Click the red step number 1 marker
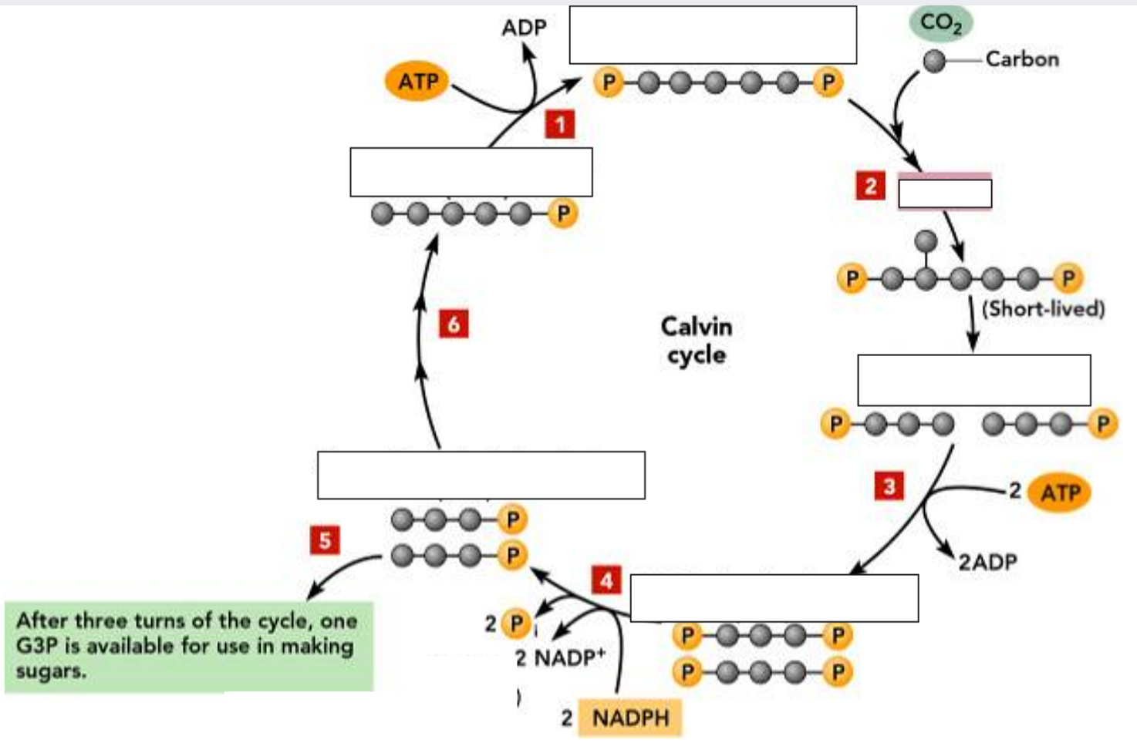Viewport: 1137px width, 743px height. (560, 124)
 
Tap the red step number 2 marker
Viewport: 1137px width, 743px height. (871, 186)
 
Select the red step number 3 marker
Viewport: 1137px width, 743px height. (889, 486)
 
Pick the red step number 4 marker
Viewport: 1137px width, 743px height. (607, 580)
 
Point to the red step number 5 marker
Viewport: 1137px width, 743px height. (325, 540)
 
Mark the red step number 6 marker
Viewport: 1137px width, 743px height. (454, 324)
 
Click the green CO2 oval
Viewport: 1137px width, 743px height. (940, 23)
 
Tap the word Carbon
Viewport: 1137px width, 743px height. (1022, 59)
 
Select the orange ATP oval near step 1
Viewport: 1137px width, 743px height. (418, 81)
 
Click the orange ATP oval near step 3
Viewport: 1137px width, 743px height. (1060, 493)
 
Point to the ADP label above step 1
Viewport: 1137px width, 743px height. (524, 28)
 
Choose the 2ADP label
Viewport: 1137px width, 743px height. (987, 562)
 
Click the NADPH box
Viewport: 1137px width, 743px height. (630, 718)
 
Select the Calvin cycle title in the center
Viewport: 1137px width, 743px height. (697, 340)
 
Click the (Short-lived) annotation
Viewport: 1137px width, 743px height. (1043, 309)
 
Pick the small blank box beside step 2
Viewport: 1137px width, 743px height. (945, 193)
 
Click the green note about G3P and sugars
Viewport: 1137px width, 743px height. (189, 646)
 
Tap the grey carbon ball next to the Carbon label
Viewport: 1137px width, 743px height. (934, 60)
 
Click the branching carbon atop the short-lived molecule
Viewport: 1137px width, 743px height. (926, 241)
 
